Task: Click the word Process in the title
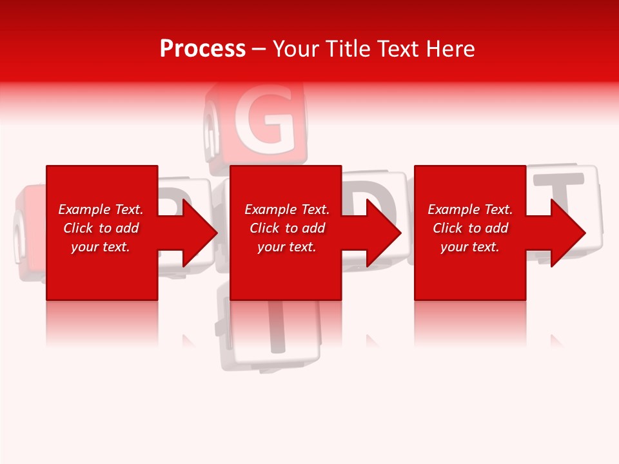click(202, 48)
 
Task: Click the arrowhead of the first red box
click(197, 233)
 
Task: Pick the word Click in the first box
click(79, 228)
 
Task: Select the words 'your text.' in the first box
click(101, 247)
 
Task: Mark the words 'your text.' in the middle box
click(287, 247)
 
